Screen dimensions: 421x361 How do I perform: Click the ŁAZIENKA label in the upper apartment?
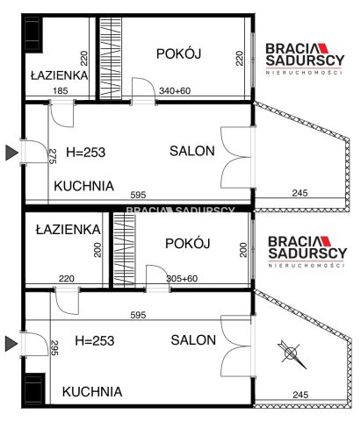(59, 75)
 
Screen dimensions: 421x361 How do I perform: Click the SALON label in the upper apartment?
(192, 151)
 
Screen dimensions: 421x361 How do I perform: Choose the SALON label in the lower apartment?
(194, 340)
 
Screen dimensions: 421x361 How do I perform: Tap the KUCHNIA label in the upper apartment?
(84, 186)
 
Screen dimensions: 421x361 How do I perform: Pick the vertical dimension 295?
(53, 348)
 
